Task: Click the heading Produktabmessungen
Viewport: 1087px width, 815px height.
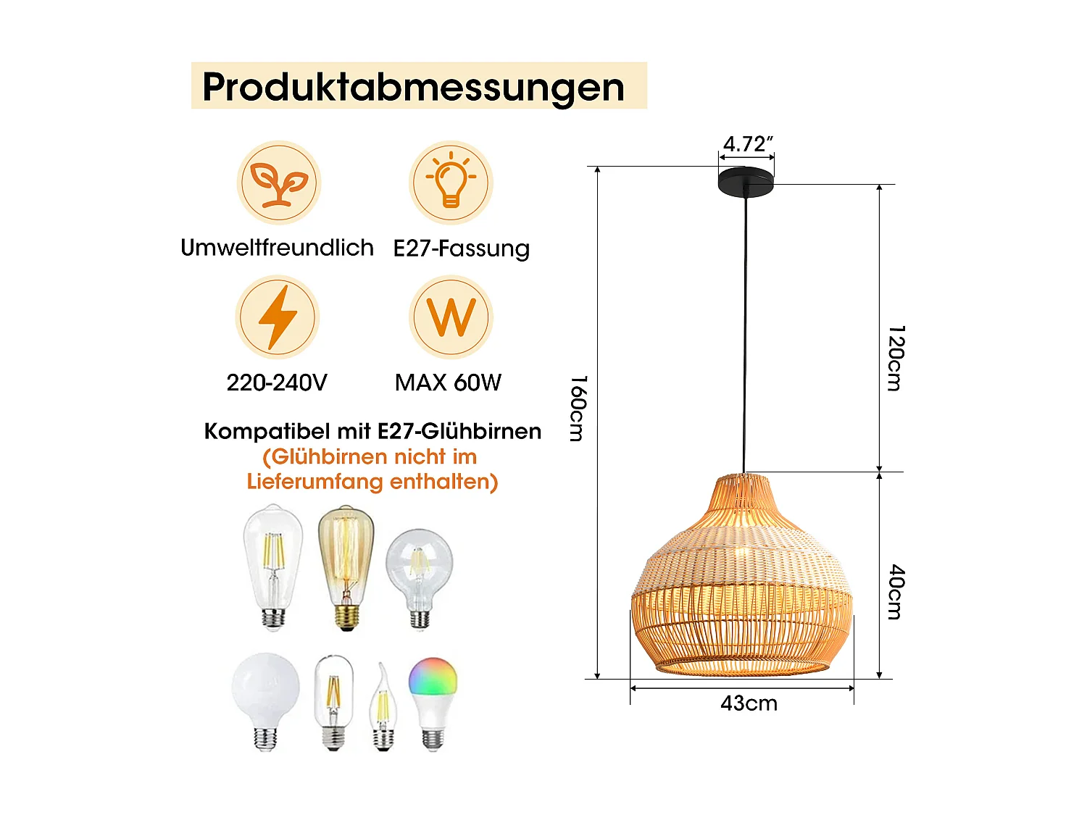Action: [x=413, y=88]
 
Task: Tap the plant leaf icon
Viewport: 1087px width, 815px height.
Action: [x=279, y=183]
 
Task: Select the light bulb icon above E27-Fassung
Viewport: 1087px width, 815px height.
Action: [x=451, y=183]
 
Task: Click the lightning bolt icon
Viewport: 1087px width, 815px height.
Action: [x=278, y=317]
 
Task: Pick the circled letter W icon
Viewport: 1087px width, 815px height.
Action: [x=451, y=317]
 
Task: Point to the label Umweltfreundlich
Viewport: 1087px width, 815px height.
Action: [x=277, y=248]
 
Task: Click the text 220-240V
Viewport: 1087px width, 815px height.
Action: [x=277, y=383]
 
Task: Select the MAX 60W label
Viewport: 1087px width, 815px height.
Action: [x=448, y=383]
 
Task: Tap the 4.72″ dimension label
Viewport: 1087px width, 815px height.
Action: [x=748, y=144]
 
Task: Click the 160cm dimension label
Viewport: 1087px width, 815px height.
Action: [x=578, y=409]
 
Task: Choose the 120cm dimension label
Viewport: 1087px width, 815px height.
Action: [x=896, y=359]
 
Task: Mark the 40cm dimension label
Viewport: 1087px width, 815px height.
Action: [x=896, y=592]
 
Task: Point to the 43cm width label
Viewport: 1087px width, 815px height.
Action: [x=749, y=703]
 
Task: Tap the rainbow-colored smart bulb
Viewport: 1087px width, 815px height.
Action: [x=433, y=703]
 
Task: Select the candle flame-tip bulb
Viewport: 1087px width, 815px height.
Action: [x=383, y=706]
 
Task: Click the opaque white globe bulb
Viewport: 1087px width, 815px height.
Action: [x=265, y=702]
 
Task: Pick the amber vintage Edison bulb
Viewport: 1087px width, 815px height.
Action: [x=346, y=568]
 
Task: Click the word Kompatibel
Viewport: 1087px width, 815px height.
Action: [x=267, y=432]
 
